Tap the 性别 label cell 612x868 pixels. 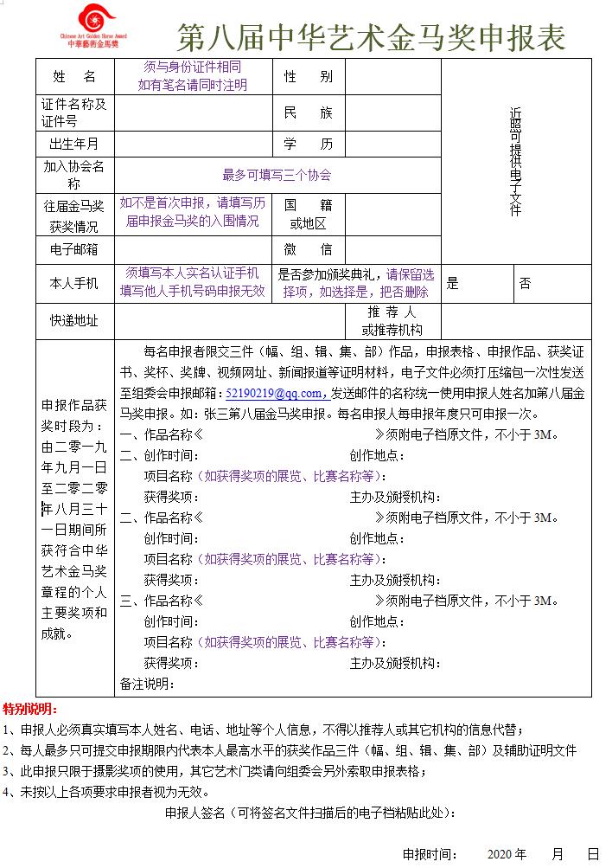[308, 76]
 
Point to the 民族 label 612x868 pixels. [308, 113]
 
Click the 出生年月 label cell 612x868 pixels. [75, 144]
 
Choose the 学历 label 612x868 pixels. [308, 144]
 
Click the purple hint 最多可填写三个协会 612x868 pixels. [277, 175]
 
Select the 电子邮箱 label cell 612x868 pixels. [75, 249]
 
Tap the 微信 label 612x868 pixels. [308, 249]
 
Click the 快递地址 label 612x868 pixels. [75, 321]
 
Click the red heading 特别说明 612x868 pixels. [30, 710]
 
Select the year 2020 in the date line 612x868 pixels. [501, 853]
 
